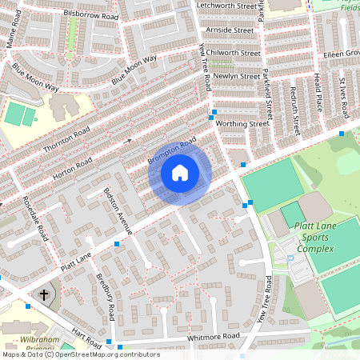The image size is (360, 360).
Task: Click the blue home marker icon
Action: pos(180,172)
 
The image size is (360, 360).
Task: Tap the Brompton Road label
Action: pos(172,151)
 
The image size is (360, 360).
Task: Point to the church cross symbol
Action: pos(44,294)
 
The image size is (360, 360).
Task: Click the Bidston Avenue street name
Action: pos(117,207)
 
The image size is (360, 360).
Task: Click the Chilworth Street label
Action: pos(233,53)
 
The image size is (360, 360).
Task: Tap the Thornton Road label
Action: pos(67,138)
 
